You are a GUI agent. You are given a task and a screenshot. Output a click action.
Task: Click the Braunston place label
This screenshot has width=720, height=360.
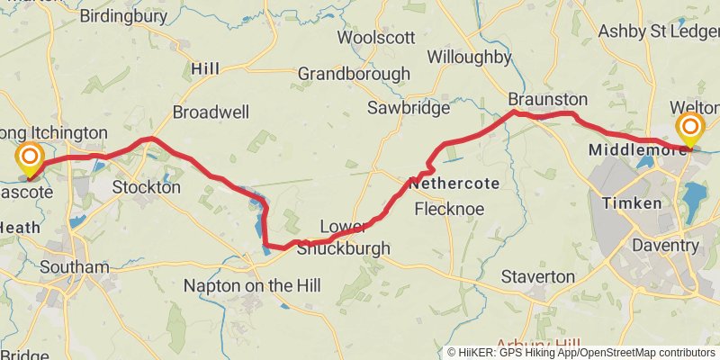pos(547,99)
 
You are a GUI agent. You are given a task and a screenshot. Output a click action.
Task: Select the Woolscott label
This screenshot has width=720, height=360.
pos(375,38)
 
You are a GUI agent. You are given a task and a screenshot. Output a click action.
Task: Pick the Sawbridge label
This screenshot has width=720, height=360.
pos(408,108)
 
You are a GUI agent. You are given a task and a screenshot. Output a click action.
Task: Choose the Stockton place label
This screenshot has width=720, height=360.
pos(147,188)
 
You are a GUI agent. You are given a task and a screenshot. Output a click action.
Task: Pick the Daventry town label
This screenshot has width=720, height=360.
pos(665,245)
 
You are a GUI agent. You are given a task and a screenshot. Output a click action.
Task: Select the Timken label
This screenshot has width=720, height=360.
pos(632,203)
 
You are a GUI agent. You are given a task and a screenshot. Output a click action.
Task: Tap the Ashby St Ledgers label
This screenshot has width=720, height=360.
pos(659,32)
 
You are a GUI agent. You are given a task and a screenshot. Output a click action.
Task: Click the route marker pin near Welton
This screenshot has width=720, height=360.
pos(691,129)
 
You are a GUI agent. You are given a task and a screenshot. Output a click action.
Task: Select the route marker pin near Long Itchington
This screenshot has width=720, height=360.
pos(30,159)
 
